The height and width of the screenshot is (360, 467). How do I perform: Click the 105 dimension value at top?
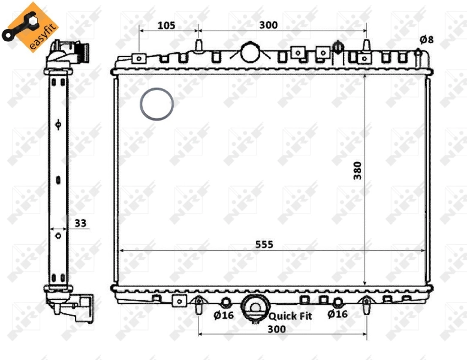tap(166, 25)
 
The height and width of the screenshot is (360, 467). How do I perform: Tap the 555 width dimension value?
tap(264, 244)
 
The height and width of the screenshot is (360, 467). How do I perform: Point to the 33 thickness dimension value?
tap(80, 223)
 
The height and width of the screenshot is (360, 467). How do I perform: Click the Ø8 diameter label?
tap(426, 40)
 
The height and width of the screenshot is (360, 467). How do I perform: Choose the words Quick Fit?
tap(290, 316)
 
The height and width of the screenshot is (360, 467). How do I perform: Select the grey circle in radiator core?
tap(157, 104)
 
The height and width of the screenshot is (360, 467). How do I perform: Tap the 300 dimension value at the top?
tap(268, 25)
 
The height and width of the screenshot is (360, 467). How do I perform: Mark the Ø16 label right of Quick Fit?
tap(338, 314)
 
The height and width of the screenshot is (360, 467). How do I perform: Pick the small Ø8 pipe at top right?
tap(418, 53)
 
